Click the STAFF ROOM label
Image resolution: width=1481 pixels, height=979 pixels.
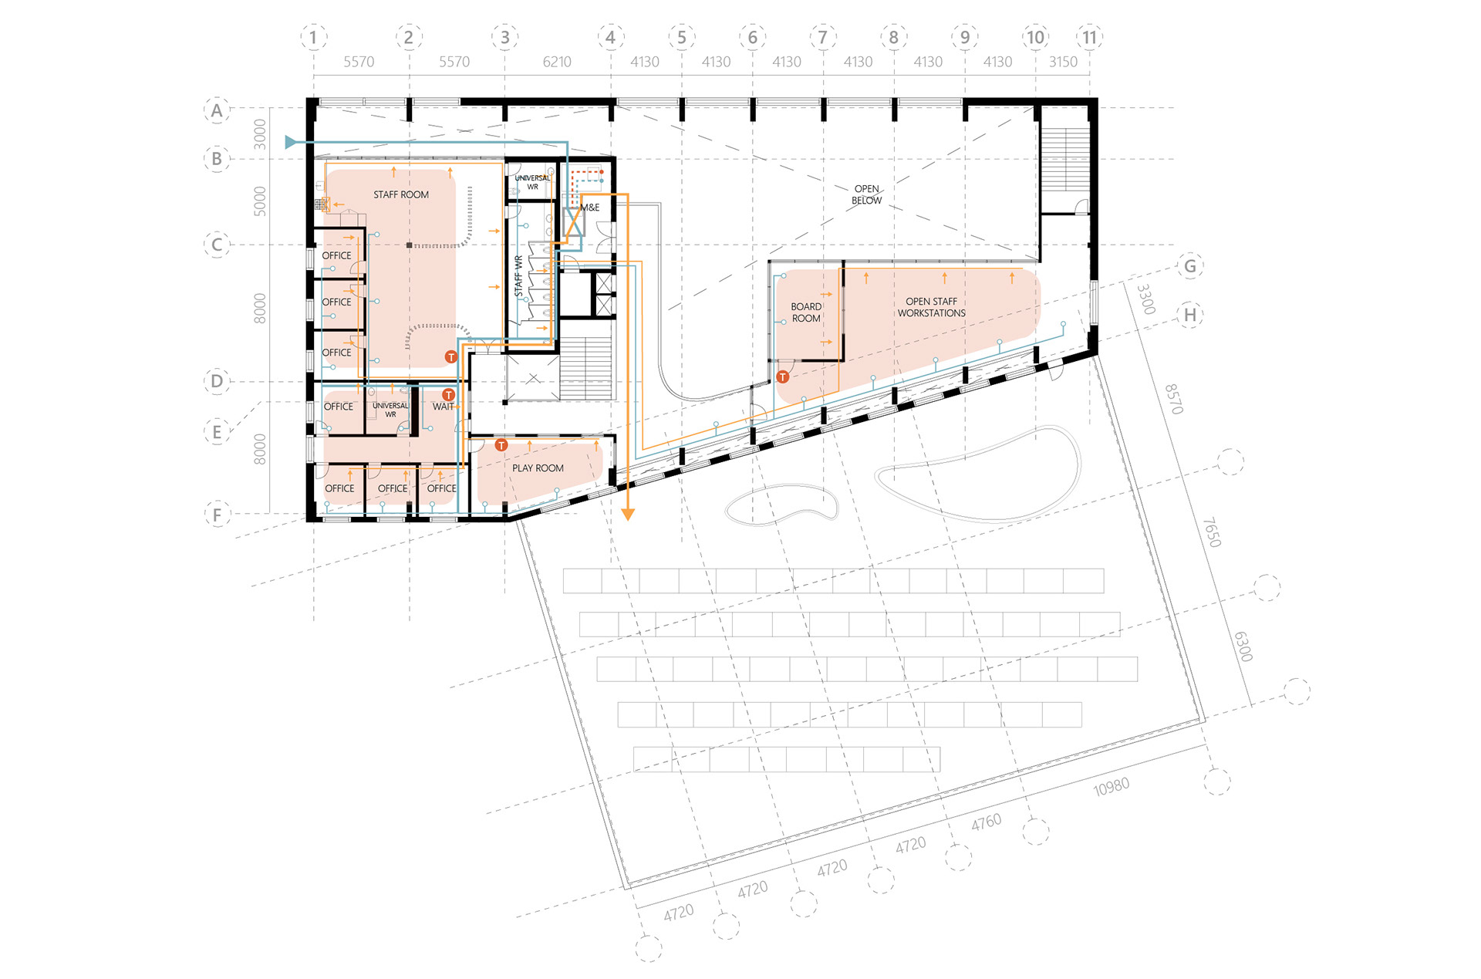coord(401,194)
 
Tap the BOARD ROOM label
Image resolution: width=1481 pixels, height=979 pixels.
coord(806,312)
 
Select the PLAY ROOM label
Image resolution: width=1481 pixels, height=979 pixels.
coord(538,468)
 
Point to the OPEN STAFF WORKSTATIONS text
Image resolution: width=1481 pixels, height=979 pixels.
coord(931,307)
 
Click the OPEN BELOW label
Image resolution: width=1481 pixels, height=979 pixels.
coord(866,194)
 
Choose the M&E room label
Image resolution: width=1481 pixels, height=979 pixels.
coord(590,208)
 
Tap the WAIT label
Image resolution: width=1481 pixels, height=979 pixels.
coord(443,407)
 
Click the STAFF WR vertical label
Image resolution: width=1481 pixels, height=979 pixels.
coord(518,275)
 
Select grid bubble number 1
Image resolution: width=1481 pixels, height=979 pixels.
coord(313,37)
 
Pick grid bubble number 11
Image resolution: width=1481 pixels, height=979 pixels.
coord(1089,37)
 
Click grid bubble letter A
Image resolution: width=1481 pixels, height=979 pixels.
coord(217,110)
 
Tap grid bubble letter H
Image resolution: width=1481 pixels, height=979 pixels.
coord(1190,315)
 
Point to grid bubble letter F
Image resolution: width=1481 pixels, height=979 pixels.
coord(217,515)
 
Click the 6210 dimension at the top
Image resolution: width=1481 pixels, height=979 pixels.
coord(557,62)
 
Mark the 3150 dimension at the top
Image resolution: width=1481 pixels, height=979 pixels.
coord(1063,62)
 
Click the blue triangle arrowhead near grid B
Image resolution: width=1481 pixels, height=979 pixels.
coord(291,142)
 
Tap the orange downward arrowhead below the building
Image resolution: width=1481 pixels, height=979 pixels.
coord(628,515)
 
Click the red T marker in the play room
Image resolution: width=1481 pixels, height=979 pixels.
coord(501,445)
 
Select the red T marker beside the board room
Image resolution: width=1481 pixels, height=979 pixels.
coord(783,376)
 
